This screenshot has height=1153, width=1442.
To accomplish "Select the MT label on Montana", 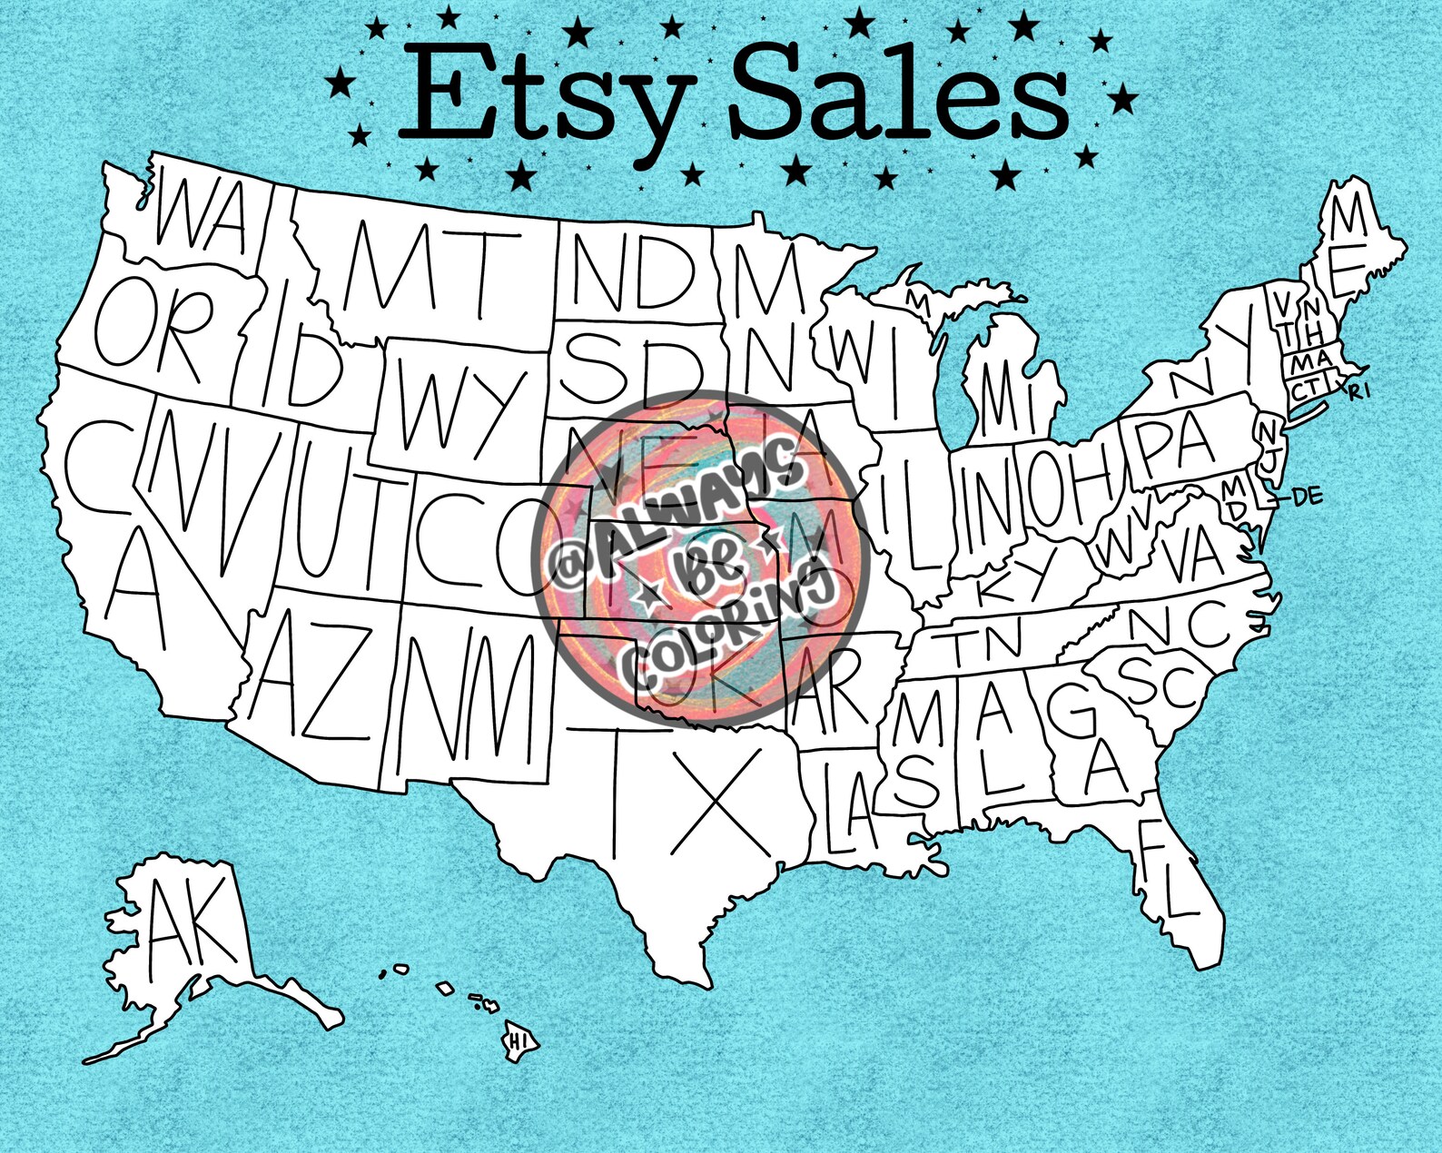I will coord(432,267).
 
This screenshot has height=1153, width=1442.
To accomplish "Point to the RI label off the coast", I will coord(1358,392).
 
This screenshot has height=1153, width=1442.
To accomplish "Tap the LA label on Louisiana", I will coord(849,808).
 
